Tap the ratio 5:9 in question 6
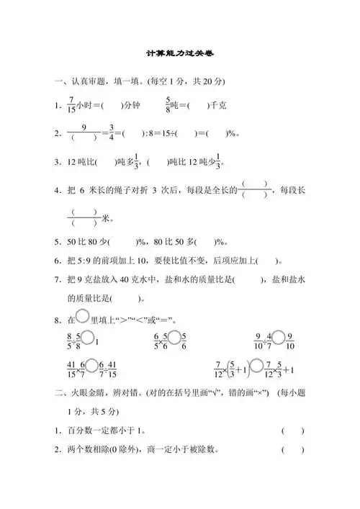pos(86,261)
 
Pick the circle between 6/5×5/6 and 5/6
pos(172,336)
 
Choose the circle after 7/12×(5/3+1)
pos(256,369)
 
